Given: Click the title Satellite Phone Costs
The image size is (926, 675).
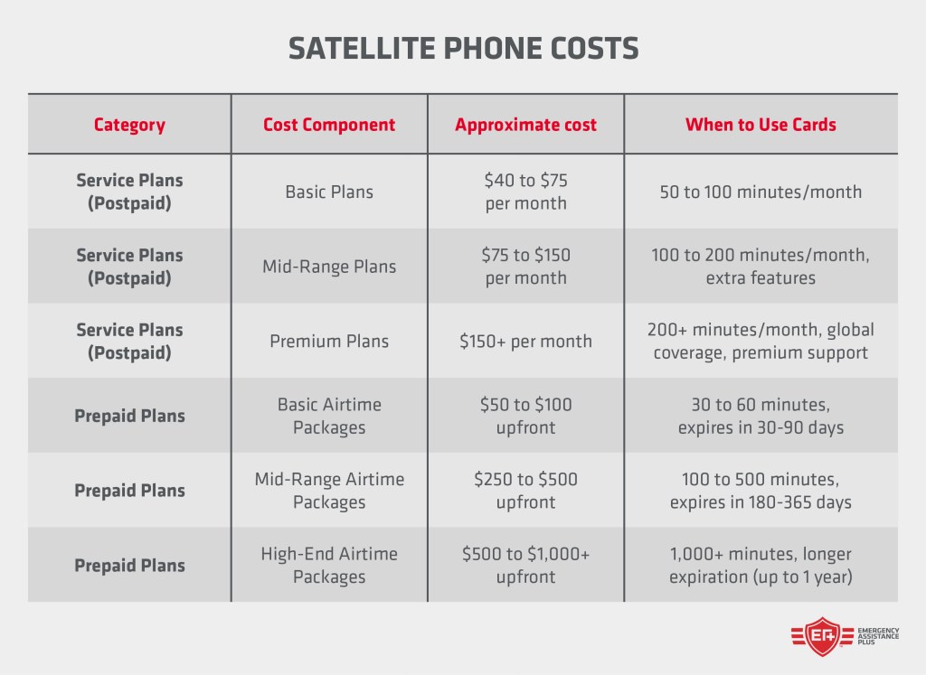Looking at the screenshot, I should (x=463, y=48).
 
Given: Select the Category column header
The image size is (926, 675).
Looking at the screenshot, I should (x=129, y=125).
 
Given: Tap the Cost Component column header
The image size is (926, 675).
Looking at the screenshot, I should (x=329, y=125).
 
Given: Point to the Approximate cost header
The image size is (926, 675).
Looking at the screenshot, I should (x=525, y=125).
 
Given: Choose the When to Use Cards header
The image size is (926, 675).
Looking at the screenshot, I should (x=761, y=125).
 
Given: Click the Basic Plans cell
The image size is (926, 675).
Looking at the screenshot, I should (x=329, y=192).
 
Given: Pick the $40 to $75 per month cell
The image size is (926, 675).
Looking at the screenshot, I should (x=525, y=192).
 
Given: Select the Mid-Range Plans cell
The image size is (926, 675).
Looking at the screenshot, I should (x=329, y=267).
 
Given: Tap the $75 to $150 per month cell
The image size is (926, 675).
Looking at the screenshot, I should (x=525, y=267).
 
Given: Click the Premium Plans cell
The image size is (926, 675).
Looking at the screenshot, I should (x=329, y=342).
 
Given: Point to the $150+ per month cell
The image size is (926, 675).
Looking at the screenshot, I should (x=525, y=342).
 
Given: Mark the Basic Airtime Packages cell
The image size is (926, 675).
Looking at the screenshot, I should (x=329, y=416).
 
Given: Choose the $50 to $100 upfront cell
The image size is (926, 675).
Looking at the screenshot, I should (x=525, y=416).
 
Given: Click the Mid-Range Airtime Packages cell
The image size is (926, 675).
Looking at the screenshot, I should (x=329, y=491).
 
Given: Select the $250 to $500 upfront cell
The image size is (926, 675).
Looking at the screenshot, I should (x=525, y=491).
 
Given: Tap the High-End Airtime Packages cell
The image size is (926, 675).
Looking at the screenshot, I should (x=329, y=565).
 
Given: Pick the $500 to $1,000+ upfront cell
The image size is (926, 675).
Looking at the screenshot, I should (x=525, y=565).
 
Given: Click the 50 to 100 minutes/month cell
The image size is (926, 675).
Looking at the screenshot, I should (x=761, y=192).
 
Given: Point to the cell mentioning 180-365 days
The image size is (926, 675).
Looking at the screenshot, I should (x=761, y=491).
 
